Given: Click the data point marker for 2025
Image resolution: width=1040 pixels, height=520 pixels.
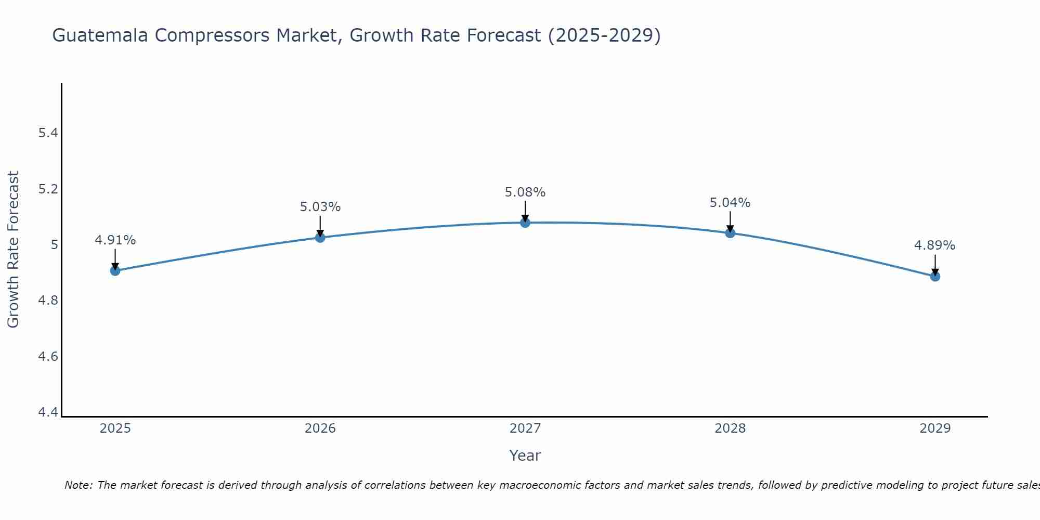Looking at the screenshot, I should (115, 270).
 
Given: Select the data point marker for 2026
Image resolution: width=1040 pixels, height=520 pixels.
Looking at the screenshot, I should (320, 238).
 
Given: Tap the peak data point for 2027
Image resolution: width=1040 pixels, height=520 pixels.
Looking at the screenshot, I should (525, 223).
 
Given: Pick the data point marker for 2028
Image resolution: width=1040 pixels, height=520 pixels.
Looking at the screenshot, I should (730, 233).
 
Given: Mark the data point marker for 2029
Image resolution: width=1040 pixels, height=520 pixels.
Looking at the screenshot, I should (935, 276).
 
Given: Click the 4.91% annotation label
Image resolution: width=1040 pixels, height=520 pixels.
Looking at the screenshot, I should (115, 240).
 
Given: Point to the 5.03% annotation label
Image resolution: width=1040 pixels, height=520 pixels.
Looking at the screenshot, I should (320, 207).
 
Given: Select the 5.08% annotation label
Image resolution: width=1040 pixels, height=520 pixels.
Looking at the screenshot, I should (525, 192).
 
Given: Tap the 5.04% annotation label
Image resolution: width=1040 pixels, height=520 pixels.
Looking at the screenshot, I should (730, 203).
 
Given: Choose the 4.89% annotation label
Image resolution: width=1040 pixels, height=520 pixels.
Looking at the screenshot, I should (935, 245).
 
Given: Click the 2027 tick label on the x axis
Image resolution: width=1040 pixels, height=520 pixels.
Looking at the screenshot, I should (525, 428).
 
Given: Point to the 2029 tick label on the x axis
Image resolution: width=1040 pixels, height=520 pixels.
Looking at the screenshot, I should (935, 428).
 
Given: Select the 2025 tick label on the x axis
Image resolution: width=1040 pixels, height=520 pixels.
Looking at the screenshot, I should (115, 428).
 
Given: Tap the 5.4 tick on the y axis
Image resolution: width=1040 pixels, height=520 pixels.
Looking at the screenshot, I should (48, 133).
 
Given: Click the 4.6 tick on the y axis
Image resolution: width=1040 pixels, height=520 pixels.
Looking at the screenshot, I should (48, 357).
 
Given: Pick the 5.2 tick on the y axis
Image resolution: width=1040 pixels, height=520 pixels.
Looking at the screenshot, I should (48, 189).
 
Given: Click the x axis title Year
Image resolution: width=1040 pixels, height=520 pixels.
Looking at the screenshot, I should (525, 456).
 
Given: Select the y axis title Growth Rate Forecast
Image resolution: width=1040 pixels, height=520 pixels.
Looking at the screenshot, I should (14, 250).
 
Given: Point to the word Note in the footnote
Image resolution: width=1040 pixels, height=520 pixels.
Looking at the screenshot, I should (78, 485).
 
